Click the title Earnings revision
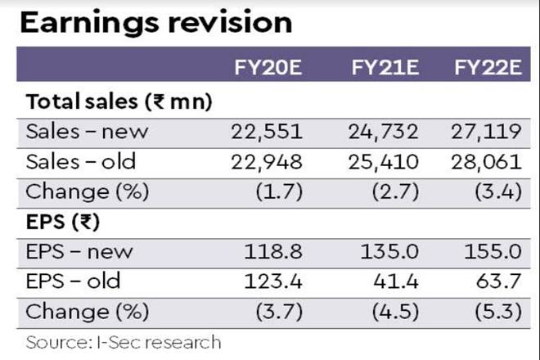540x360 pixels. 155,22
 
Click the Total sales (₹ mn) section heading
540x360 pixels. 119,102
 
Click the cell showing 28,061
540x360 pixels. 489,162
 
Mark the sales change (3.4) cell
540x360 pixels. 494,191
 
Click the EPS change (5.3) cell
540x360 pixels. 494,312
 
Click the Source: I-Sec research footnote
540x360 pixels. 123,341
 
